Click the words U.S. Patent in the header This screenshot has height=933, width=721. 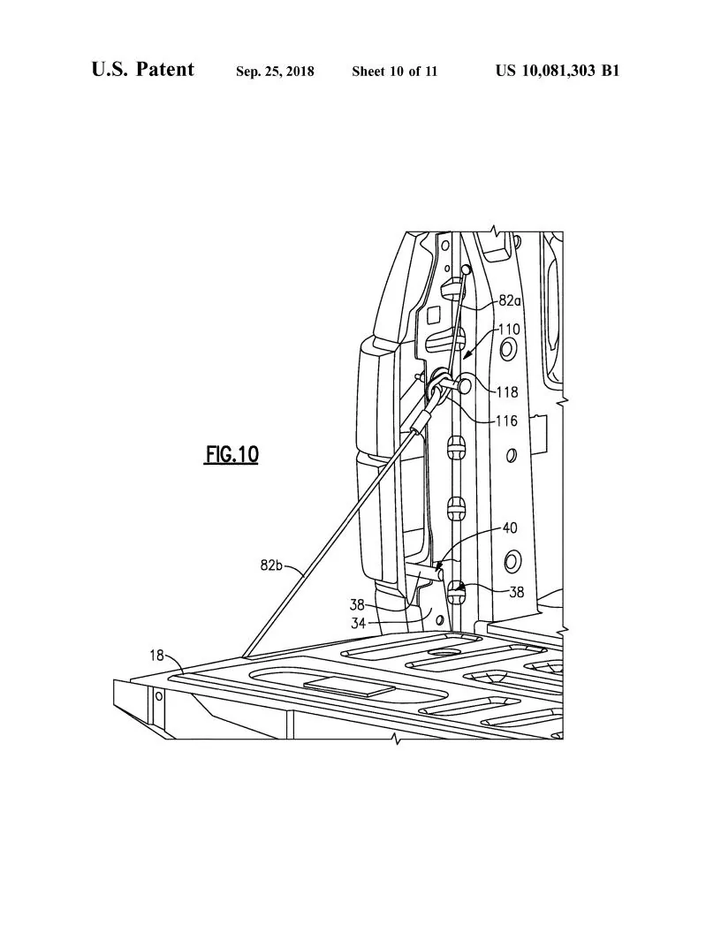(x=142, y=70)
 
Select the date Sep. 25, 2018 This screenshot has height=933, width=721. (x=275, y=72)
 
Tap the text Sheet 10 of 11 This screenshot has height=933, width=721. (x=394, y=72)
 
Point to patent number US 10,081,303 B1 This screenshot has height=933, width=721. (x=557, y=71)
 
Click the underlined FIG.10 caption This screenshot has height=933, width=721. (x=231, y=454)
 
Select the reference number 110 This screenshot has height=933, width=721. (x=508, y=330)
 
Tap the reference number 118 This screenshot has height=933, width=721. (x=506, y=392)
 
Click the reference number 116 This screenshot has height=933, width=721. (x=505, y=421)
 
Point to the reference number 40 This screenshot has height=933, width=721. (x=510, y=528)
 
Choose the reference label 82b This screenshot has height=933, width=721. (x=271, y=565)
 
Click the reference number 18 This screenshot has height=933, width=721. (x=156, y=655)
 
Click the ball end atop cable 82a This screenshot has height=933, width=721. (x=466, y=269)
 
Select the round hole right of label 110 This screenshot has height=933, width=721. (x=508, y=351)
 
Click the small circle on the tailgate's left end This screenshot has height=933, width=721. (x=159, y=696)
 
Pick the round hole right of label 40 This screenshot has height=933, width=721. (x=512, y=560)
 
